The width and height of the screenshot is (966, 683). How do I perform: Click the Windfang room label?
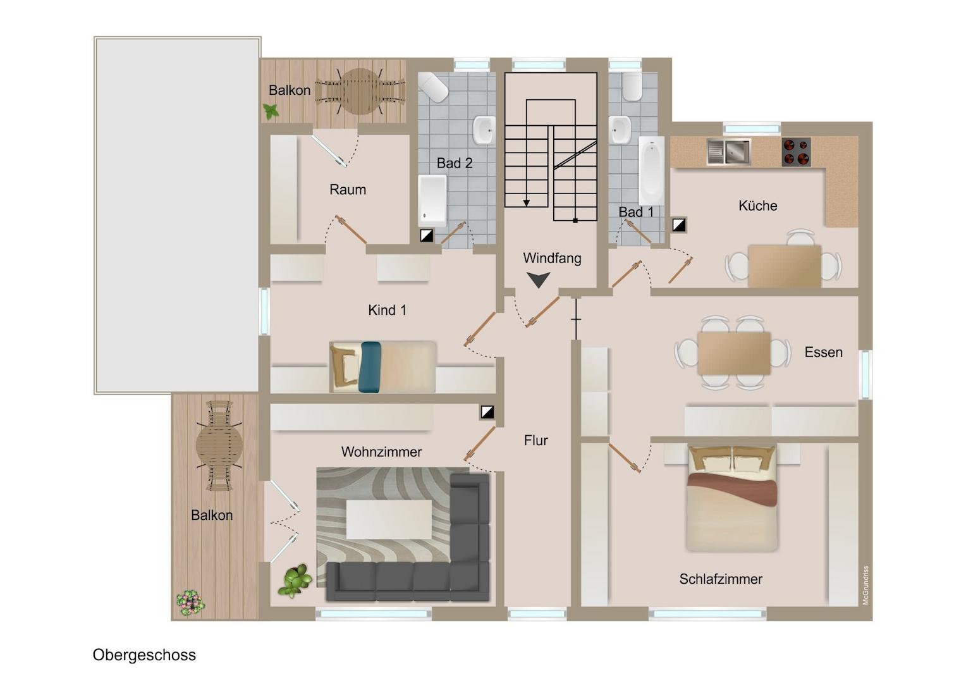(x=552, y=258)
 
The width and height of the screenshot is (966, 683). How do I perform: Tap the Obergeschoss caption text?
(x=144, y=655)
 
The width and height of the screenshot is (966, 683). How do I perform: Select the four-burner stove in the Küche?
(x=796, y=152)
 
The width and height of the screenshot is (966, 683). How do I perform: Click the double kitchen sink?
(x=729, y=151)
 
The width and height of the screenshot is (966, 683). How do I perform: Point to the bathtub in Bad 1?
(x=651, y=171)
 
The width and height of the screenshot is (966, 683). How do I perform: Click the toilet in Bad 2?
(x=434, y=87)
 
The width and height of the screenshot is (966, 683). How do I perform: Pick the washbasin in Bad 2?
(x=484, y=130)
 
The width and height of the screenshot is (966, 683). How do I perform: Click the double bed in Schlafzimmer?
(x=732, y=499)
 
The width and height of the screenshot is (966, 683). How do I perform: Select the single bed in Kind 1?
(x=383, y=367)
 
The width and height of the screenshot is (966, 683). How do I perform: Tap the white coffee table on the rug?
(x=389, y=519)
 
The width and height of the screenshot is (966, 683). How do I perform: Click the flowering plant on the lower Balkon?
(x=190, y=602)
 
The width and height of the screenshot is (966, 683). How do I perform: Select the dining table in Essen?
(x=734, y=353)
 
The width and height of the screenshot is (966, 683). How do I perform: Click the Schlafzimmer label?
(x=721, y=579)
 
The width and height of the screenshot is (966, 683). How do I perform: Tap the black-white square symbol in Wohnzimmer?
(x=487, y=412)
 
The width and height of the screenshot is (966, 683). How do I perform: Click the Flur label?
(x=535, y=441)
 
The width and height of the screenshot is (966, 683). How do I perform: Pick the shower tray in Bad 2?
(x=432, y=201)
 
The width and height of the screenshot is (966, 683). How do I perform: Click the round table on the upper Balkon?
(x=360, y=92)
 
